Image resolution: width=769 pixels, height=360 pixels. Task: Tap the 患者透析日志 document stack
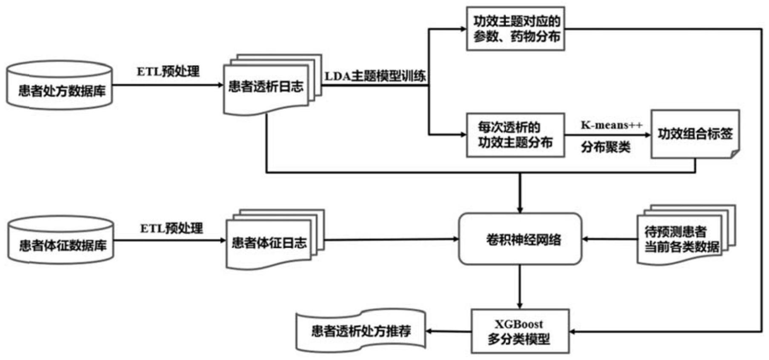(x=266, y=88)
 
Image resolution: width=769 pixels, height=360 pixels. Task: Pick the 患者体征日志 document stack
(x=269, y=243)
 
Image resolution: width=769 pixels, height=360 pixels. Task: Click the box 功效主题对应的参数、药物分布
(x=515, y=29)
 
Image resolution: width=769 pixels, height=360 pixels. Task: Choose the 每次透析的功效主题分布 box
(x=515, y=135)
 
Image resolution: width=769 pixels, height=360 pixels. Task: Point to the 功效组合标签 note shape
(x=695, y=134)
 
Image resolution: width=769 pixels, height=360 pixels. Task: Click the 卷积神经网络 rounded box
(x=520, y=239)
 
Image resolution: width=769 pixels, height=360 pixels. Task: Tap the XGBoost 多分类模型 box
(x=520, y=331)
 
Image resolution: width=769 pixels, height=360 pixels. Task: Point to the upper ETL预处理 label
(x=168, y=71)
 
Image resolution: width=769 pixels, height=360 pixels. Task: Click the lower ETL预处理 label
(x=172, y=229)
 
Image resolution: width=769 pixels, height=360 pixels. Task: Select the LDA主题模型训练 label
(x=375, y=77)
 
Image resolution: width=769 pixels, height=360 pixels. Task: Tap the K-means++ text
(x=612, y=125)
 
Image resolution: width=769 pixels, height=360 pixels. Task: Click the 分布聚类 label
(x=606, y=147)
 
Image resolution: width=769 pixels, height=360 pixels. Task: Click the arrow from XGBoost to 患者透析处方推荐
(x=449, y=331)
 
